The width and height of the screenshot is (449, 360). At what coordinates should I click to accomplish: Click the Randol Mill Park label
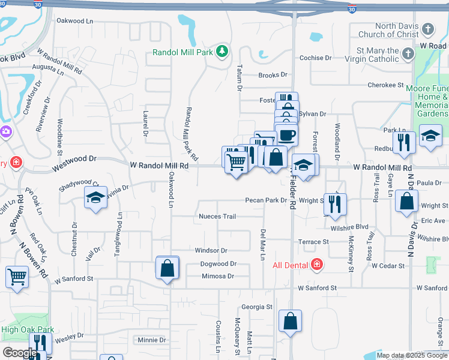click(183, 53)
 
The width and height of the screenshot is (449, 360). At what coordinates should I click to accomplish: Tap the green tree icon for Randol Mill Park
click(222, 51)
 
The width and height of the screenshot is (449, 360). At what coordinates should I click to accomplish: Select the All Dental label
click(291, 265)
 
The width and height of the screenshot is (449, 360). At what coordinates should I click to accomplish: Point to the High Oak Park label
click(28, 329)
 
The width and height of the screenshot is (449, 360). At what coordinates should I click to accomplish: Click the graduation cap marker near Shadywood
click(95, 199)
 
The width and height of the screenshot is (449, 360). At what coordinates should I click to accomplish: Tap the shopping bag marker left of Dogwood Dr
click(167, 268)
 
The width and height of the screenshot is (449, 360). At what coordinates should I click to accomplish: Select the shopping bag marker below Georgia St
click(291, 321)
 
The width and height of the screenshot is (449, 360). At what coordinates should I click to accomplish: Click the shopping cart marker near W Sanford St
click(17, 277)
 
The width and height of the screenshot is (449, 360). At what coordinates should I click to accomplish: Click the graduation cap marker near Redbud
click(430, 136)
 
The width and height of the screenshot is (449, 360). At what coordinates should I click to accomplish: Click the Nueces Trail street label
click(217, 216)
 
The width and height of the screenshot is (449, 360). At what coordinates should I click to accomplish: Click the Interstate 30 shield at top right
click(352, 8)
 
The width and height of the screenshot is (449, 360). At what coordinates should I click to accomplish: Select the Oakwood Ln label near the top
click(75, 21)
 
